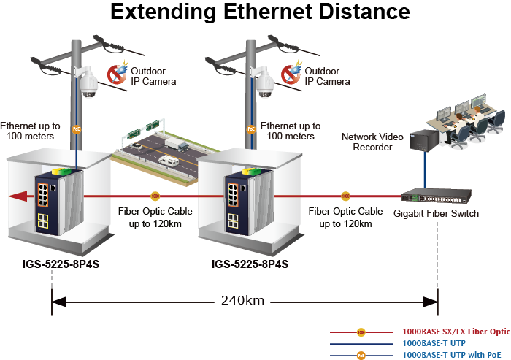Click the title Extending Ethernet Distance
259,12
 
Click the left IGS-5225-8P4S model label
61,264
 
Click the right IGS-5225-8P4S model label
250,264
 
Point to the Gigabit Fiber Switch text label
436,213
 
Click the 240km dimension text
244,300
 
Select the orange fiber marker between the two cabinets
155,196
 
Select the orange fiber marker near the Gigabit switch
345,196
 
